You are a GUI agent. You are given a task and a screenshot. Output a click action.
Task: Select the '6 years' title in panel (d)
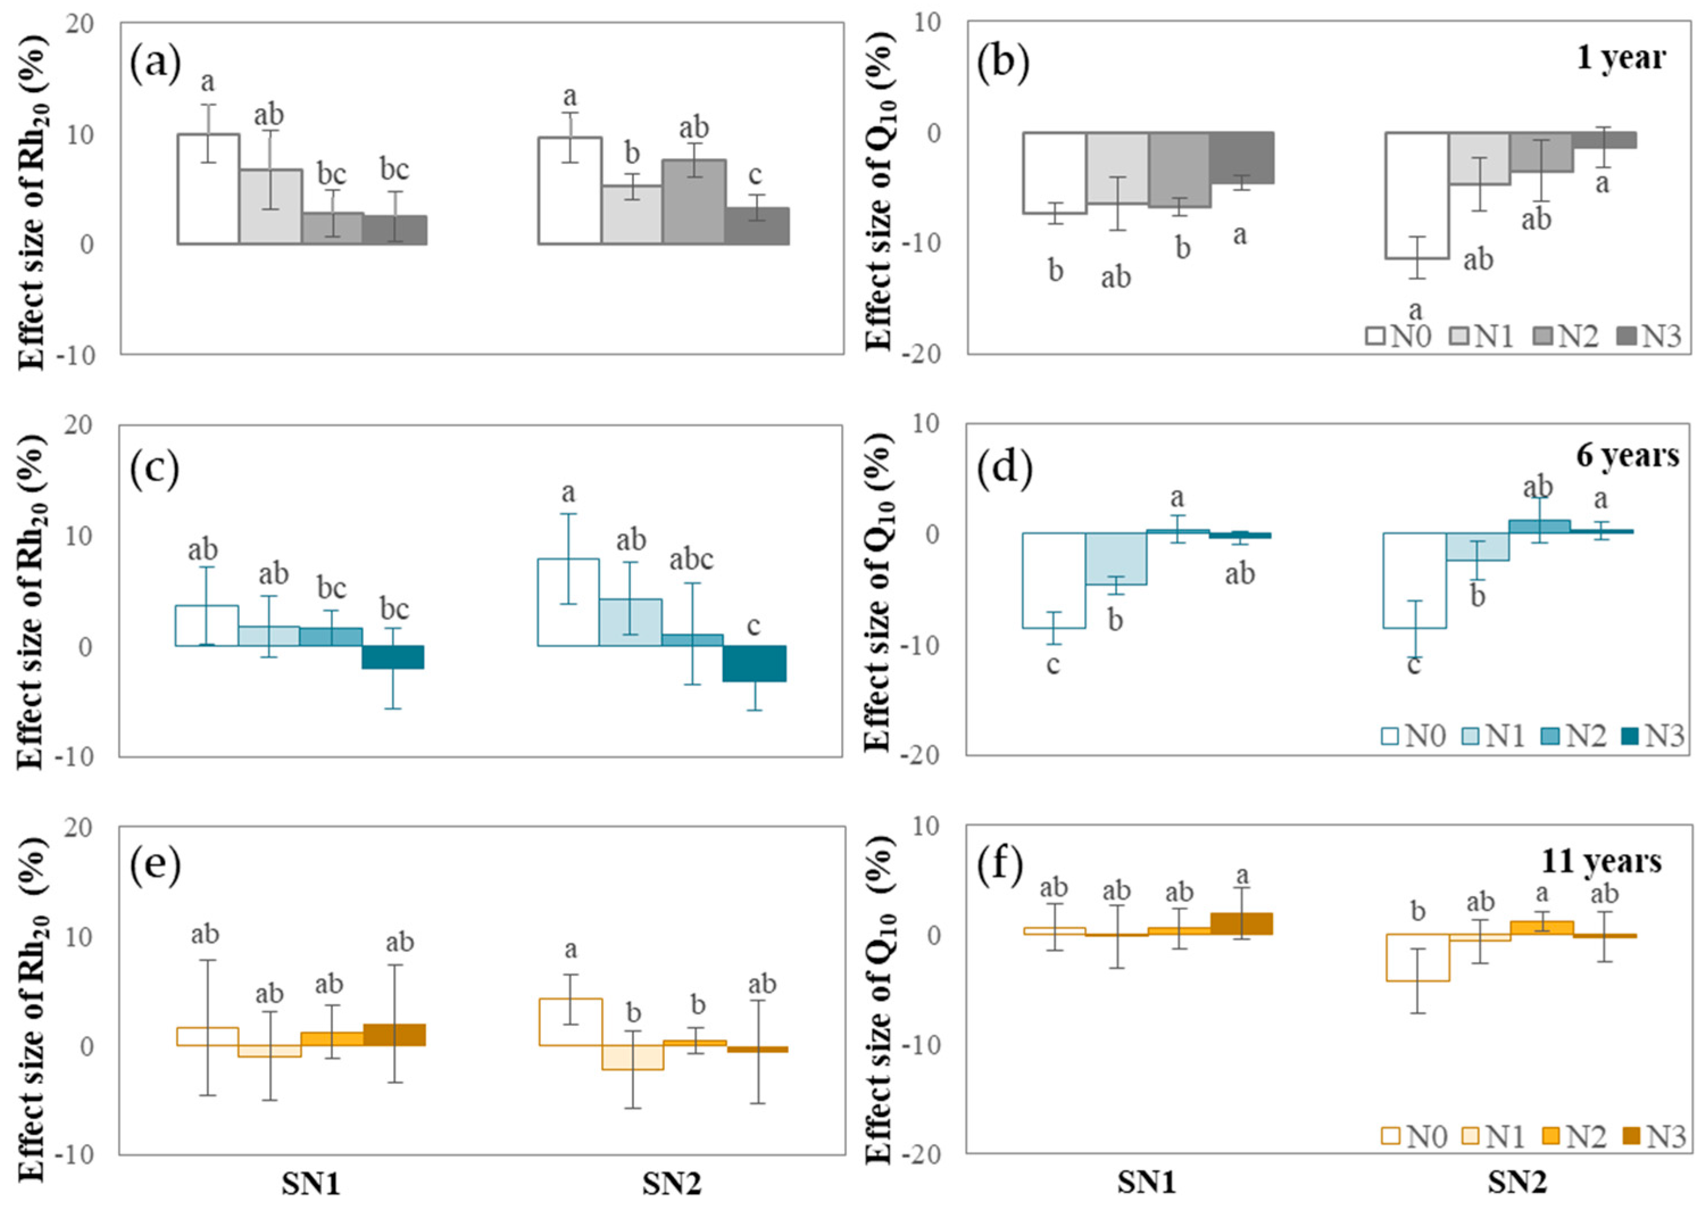[1627, 455]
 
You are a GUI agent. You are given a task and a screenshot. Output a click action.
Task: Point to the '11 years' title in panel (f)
[1601, 860]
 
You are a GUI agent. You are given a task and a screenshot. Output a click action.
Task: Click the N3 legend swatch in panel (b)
[1626, 336]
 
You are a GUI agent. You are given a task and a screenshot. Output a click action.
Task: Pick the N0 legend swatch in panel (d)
[1392, 735]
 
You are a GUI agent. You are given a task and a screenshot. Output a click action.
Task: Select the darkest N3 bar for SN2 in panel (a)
[756, 226]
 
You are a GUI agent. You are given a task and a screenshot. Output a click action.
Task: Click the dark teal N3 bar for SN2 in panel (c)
[754, 663]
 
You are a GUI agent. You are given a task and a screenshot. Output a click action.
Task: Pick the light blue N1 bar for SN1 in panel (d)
[1115, 558]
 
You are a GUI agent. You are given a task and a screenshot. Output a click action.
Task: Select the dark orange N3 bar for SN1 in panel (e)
[394, 1035]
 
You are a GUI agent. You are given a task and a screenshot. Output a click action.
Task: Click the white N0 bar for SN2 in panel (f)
[1417, 957]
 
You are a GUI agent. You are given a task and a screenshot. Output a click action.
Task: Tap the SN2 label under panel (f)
[1517, 1184]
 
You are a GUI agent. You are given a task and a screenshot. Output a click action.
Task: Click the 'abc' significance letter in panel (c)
[691, 559]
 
